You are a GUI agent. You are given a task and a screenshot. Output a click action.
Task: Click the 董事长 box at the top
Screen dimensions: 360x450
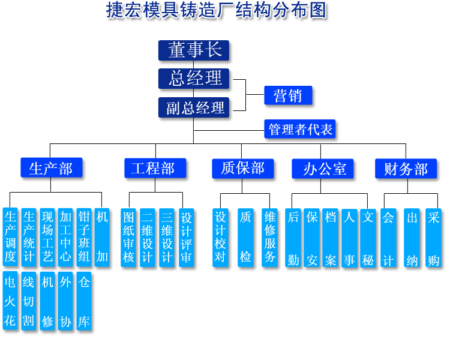click(x=194, y=50)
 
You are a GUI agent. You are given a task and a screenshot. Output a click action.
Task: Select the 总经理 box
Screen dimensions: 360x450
click(x=194, y=79)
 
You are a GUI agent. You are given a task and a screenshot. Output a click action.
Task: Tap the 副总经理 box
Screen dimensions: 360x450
click(x=194, y=107)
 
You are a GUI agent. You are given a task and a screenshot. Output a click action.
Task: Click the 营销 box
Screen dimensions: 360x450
click(x=288, y=95)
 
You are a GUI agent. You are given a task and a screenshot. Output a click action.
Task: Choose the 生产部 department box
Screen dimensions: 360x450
click(x=51, y=168)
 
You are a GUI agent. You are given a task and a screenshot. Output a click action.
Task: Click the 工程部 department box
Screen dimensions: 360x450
click(x=155, y=168)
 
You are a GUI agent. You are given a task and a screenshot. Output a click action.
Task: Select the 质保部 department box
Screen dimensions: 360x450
click(x=242, y=168)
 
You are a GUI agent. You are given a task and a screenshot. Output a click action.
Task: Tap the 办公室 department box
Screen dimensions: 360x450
click(x=323, y=169)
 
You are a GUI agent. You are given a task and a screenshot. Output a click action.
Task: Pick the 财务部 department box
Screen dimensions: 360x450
click(x=406, y=169)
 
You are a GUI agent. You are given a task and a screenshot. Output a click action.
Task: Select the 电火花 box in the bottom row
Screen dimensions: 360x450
click(x=10, y=301)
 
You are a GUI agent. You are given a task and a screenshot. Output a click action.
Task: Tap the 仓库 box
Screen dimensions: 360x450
click(x=85, y=301)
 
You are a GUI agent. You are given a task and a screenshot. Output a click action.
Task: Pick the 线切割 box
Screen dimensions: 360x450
click(x=29, y=301)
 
